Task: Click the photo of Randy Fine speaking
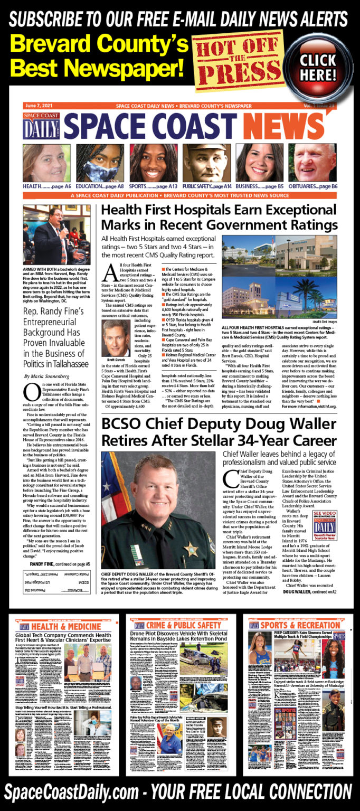(x=53, y=235)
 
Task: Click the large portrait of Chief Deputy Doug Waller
(x=158, y=509)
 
